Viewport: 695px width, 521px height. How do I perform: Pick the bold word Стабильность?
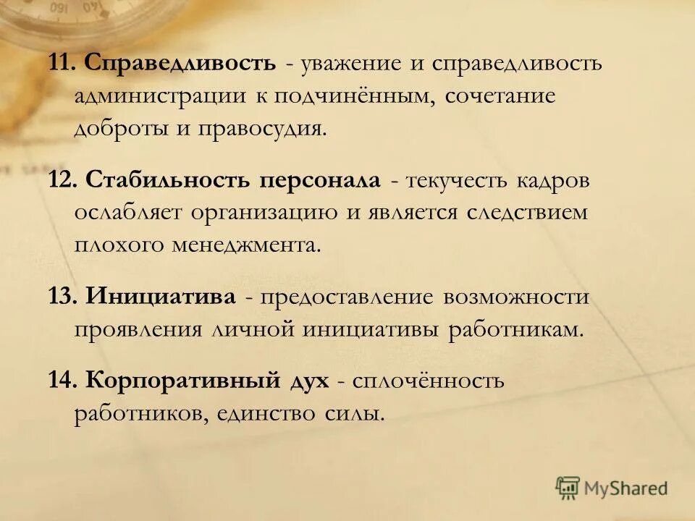click(x=168, y=180)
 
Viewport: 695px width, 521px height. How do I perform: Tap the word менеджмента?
click(x=245, y=245)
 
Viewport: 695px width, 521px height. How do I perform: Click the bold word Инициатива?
click(x=160, y=297)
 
